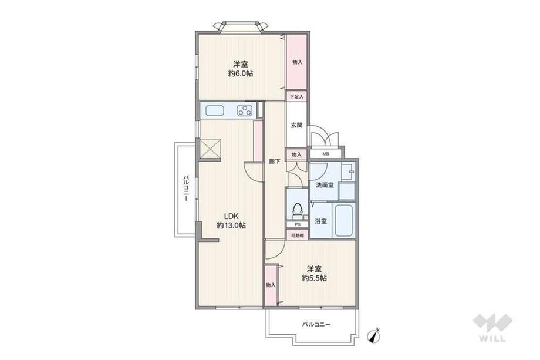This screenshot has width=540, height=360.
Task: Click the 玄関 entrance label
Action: coord(296,126)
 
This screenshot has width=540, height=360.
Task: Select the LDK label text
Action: coord(231,216)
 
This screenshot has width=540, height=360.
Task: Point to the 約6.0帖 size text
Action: coord(241,73)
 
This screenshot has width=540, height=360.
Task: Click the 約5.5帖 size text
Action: coord(314,278)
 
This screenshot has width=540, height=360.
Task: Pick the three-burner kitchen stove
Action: coord(245,111)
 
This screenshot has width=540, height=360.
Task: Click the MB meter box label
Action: coord(325,154)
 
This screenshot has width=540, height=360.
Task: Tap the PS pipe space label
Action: coord(297,224)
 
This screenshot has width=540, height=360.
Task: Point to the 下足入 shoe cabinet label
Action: coord(296,97)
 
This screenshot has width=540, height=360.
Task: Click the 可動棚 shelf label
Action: coord(297,235)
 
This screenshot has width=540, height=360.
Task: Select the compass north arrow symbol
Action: coord(374,335)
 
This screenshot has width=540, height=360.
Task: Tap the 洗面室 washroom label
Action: coord(325,185)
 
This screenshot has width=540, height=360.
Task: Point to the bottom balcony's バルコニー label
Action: coord(316,325)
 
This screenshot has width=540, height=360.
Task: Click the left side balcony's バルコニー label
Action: coord(186,189)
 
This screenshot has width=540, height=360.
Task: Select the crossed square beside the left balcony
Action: coord(210,149)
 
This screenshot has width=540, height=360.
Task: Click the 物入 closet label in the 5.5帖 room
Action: coord(271,285)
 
